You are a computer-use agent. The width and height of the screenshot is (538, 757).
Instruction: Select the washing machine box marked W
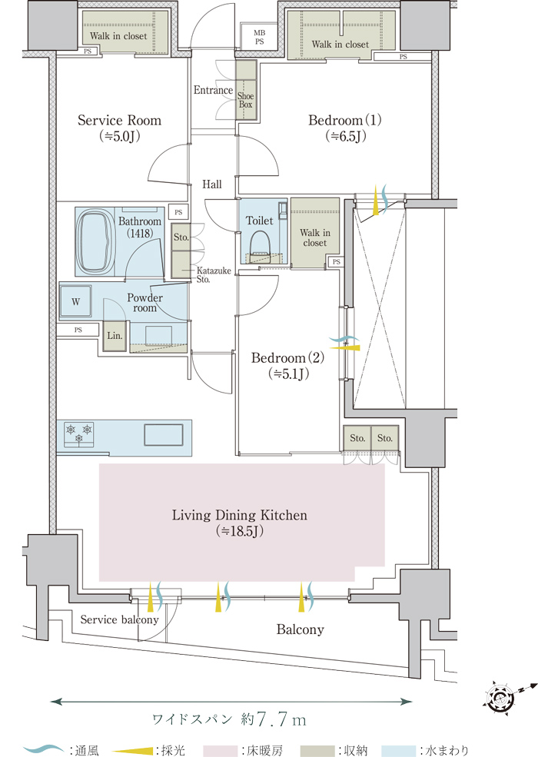click(x=76, y=302)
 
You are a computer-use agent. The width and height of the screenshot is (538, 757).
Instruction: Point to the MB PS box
click(x=260, y=37)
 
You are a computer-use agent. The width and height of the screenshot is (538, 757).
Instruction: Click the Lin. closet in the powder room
click(x=112, y=336)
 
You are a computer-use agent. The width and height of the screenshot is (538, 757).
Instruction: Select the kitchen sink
click(x=164, y=434)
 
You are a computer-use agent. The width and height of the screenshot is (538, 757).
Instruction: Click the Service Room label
click(x=120, y=128)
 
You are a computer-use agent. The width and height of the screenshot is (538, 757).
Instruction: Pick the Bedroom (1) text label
click(x=345, y=128)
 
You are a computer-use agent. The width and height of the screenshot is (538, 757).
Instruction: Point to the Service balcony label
click(x=119, y=619)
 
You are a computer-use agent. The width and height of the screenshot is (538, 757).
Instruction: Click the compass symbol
click(x=500, y=698)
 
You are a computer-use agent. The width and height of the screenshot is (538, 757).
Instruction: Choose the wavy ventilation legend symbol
click(x=44, y=749)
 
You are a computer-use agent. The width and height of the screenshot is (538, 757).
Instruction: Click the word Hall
click(x=212, y=184)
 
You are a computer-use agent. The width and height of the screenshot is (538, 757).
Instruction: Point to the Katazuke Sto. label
click(x=208, y=275)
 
